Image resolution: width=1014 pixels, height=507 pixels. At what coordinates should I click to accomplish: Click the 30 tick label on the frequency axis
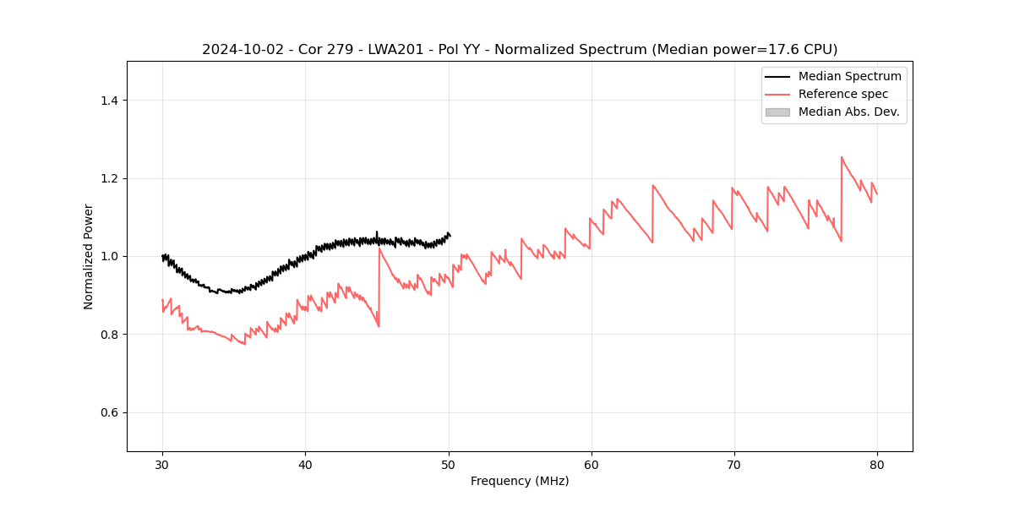coord(162,465)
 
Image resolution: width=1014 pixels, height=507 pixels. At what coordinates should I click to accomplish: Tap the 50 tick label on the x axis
coord(449,465)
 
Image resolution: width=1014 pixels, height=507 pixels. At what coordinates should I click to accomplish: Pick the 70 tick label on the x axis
coord(734,465)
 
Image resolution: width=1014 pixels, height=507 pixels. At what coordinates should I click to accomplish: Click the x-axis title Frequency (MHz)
coord(520,481)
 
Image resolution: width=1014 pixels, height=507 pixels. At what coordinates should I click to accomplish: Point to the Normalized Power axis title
coord(89,256)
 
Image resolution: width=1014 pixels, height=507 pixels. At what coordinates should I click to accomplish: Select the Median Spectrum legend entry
coord(849,76)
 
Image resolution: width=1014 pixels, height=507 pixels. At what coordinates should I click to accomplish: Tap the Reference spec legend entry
coord(842,94)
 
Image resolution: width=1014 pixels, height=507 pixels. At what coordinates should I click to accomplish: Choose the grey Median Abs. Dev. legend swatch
coord(777,112)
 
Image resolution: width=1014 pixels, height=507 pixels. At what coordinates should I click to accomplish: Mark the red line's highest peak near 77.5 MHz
coord(842,157)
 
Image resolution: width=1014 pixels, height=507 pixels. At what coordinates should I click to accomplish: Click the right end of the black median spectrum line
coord(450,235)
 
